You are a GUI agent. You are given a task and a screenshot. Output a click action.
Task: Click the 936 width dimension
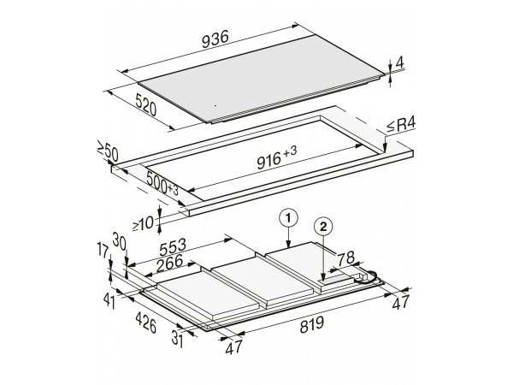(x=215, y=39)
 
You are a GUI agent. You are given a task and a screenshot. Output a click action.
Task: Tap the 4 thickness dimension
(x=399, y=62)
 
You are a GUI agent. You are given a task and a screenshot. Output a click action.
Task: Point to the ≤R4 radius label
(x=401, y=125)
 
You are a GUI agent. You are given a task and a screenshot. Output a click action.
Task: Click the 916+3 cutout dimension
(x=277, y=157)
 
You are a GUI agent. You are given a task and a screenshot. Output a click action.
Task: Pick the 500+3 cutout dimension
(x=162, y=183)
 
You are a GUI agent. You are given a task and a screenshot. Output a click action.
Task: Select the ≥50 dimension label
(x=108, y=151)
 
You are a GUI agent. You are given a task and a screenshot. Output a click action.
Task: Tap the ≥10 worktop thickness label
(x=143, y=223)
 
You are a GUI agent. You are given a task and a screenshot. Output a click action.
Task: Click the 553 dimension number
(x=173, y=246)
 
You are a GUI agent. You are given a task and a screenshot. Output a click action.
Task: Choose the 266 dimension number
(x=169, y=264)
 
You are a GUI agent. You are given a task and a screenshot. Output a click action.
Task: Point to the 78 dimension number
(x=345, y=258)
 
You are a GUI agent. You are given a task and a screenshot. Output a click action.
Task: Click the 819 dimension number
(x=312, y=324)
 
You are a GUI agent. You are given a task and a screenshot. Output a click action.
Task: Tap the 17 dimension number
(x=103, y=251)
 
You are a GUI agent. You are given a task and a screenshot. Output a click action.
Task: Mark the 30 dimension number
(x=119, y=240)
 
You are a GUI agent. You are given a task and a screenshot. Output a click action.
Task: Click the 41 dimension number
(x=109, y=301)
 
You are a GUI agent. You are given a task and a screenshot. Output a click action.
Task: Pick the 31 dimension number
(x=177, y=339)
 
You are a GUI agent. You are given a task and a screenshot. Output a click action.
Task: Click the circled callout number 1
(x=288, y=218)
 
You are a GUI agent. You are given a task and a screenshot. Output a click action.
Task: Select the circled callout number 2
(x=323, y=227)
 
